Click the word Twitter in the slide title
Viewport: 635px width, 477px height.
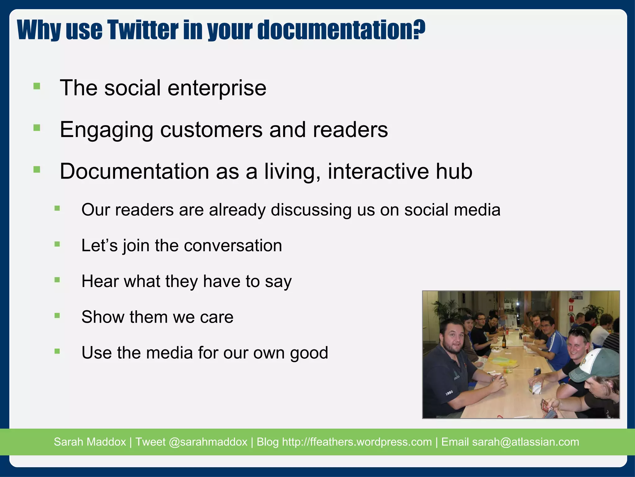pyautogui.click(x=143, y=30)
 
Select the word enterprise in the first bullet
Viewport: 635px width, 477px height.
pyautogui.click(x=217, y=88)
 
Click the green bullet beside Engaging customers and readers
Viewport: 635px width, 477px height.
pyautogui.click(x=37, y=128)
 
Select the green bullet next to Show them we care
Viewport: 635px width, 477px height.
pyautogui.click(x=57, y=316)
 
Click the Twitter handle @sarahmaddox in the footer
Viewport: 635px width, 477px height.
pyautogui.click(x=208, y=442)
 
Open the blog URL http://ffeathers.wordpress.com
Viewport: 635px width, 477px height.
pyautogui.click(x=357, y=442)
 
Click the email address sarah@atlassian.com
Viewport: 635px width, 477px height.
pyautogui.click(x=525, y=442)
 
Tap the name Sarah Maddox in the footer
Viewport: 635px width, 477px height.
pyautogui.click(x=90, y=442)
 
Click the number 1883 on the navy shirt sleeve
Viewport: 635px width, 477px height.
pyautogui.click(x=449, y=393)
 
